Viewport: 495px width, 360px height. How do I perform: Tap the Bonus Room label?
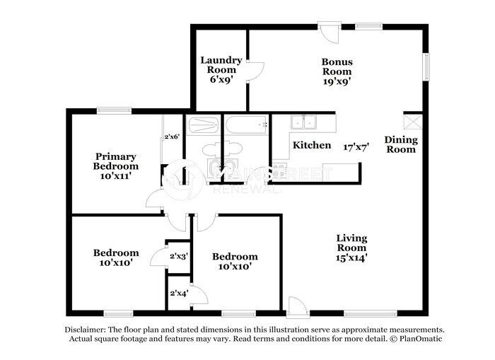(x=337, y=66)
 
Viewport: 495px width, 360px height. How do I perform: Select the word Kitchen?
(x=312, y=145)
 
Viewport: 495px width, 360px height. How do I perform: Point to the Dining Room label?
(x=400, y=144)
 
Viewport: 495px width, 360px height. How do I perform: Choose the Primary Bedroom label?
(x=117, y=161)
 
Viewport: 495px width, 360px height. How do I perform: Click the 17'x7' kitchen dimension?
(x=357, y=148)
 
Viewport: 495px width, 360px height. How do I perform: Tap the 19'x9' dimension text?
(x=337, y=81)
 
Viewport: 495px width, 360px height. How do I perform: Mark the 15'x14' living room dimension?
(x=351, y=258)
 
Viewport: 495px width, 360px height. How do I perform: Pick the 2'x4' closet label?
(x=177, y=293)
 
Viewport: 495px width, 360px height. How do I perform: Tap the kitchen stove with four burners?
(x=279, y=170)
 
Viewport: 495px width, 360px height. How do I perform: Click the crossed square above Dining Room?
(x=413, y=121)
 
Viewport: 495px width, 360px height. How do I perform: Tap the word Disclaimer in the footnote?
(x=84, y=330)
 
